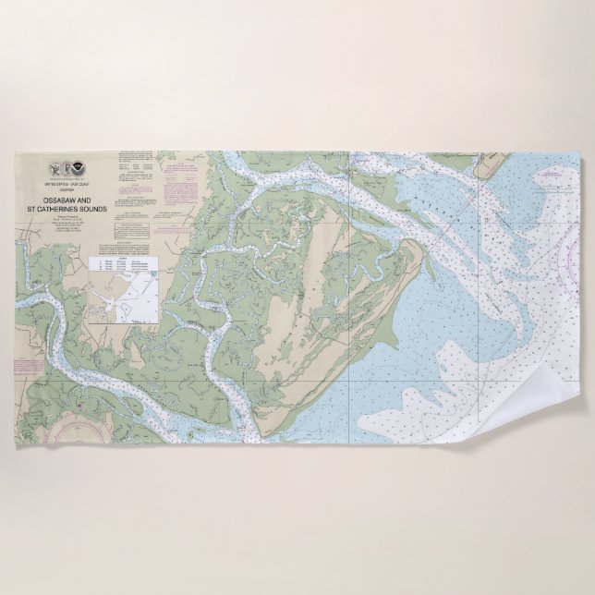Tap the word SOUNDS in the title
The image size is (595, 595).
tap(92, 210)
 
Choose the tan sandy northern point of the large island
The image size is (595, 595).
tap(410, 249)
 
